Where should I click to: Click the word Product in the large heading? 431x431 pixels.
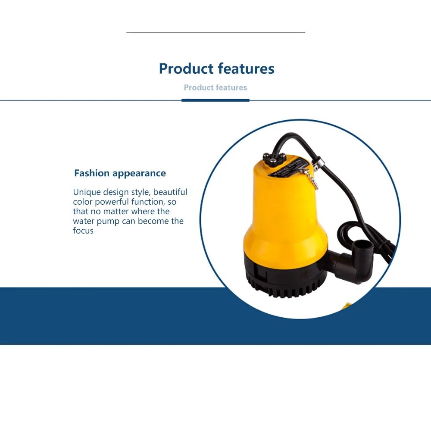point(186,69)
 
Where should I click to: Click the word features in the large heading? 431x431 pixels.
point(246,69)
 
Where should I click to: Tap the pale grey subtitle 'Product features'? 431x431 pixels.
point(215,87)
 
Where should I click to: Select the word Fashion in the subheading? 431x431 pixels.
point(92,173)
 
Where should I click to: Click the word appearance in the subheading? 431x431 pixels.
point(139,174)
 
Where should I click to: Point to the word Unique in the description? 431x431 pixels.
point(86,192)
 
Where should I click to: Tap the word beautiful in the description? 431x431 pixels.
point(170,192)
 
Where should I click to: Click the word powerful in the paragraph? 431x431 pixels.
point(116,202)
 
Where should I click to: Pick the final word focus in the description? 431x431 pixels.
point(83,231)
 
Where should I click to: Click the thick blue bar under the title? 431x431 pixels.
point(215,100)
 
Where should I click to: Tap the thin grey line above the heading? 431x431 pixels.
point(215,32)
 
